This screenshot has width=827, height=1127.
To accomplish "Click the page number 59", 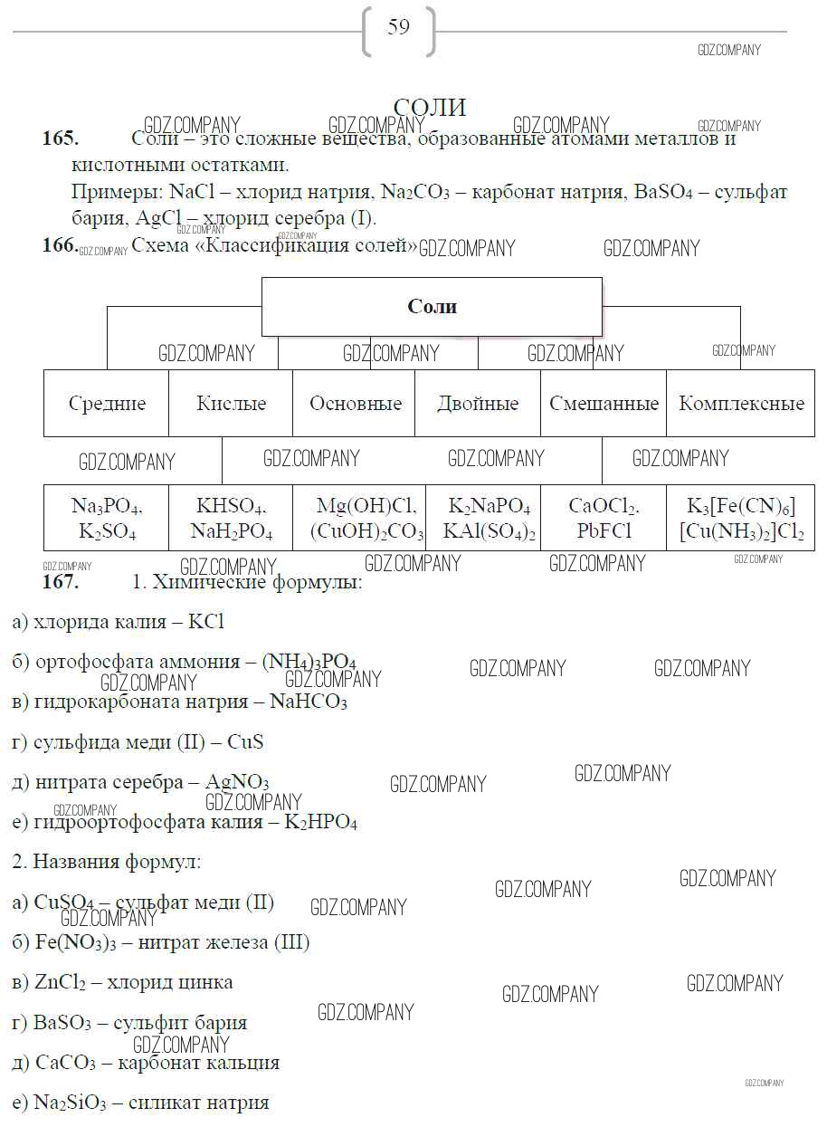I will (398, 27).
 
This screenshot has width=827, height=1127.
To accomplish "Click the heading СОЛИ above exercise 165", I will (430, 108).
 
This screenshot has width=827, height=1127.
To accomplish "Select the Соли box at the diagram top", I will (432, 307).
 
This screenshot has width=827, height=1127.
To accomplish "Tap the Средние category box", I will (107, 404).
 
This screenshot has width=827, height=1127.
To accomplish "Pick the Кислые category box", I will (231, 404).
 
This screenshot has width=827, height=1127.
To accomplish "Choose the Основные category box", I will (355, 404).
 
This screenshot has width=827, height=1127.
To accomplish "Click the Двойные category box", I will (478, 404).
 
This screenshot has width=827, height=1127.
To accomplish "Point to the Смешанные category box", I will (604, 404).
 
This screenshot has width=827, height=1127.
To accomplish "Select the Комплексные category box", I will (741, 404).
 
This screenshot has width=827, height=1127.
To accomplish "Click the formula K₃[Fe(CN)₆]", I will (741, 505).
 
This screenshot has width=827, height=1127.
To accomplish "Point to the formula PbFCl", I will (604, 531).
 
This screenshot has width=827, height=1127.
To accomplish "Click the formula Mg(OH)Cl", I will (366, 505).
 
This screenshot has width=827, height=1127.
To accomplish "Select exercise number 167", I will (61, 582).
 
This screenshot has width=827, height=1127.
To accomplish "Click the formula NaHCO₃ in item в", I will (309, 702).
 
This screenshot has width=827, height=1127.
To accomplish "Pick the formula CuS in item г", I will (245, 742).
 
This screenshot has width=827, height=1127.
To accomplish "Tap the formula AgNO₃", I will (237, 782).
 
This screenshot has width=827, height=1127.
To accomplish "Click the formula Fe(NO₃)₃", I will (70, 942).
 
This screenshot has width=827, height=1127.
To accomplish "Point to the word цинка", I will (202, 982).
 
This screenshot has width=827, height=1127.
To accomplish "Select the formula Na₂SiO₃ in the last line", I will (70, 1103).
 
